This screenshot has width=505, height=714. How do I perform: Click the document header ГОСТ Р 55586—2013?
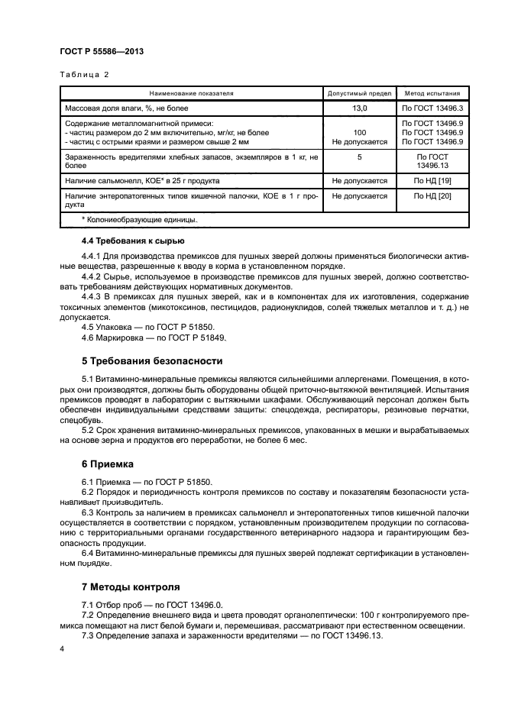point(102,51)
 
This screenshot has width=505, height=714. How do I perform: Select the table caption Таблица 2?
point(84,75)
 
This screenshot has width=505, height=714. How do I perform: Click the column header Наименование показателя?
point(192,93)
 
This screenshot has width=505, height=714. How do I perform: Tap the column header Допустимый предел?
point(359,93)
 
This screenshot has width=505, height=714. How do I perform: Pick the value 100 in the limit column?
point(359,132)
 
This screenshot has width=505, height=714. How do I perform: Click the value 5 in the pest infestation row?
point(359,157)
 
